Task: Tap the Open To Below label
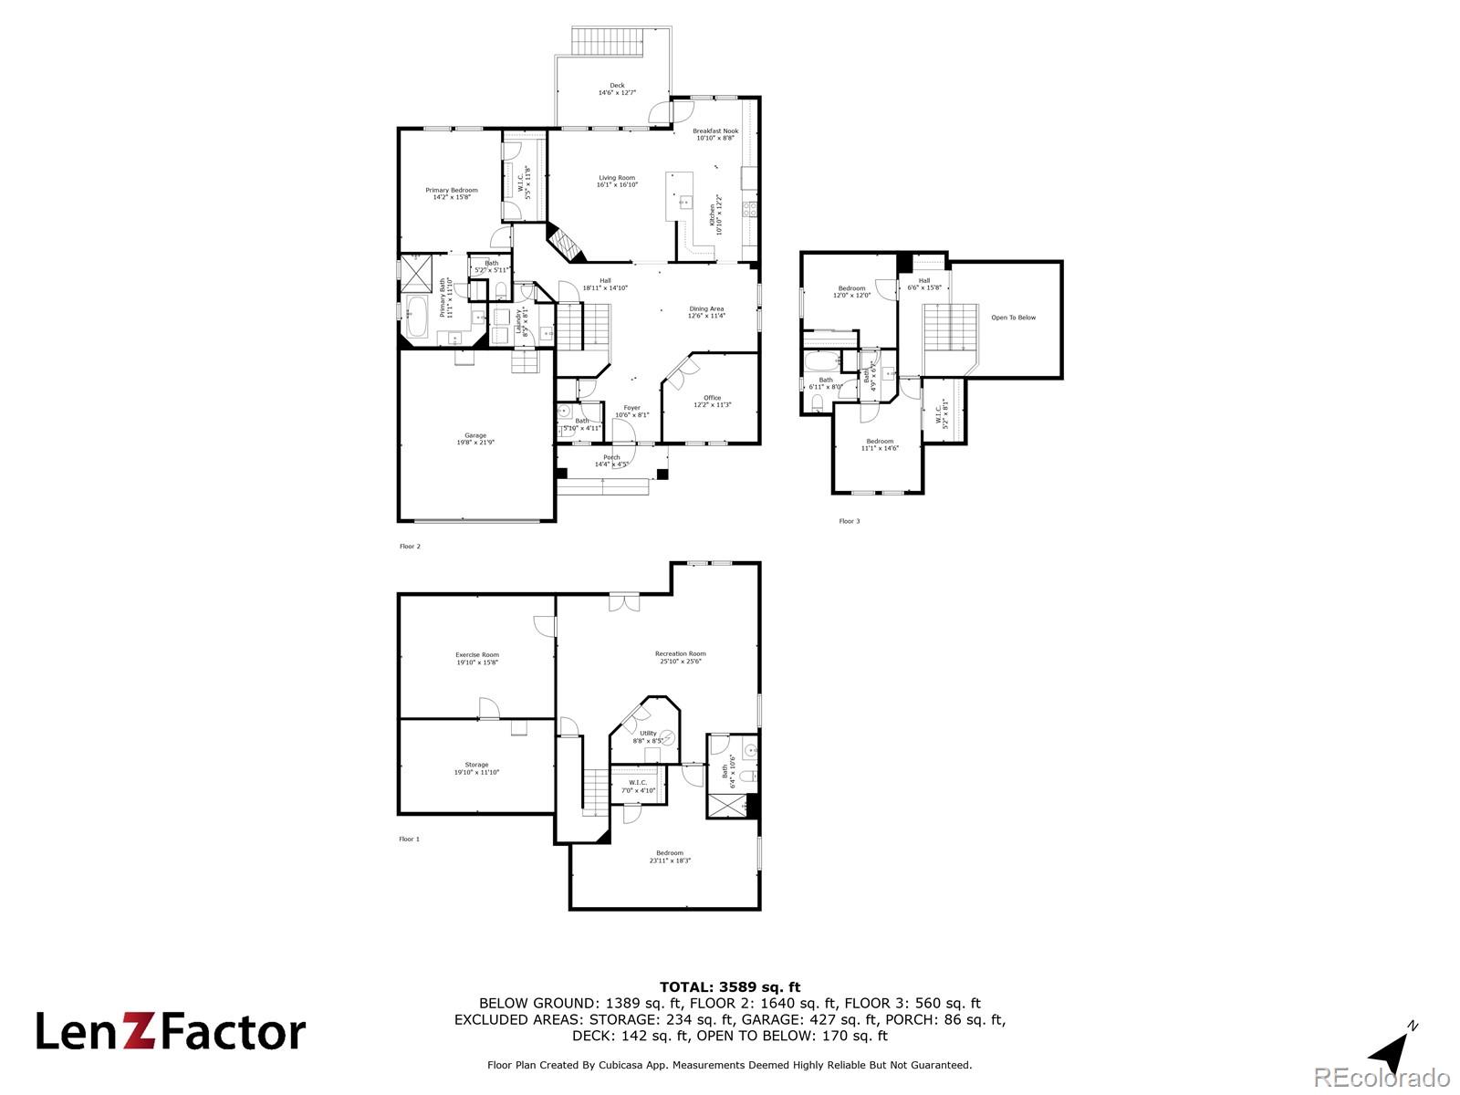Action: click(1013, 318)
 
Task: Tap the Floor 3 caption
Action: click(849, 521)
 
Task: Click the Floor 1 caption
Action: click(409, 839)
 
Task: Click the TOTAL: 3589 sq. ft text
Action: click(729, 986)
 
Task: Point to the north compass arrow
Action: click(1392, 1053)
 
